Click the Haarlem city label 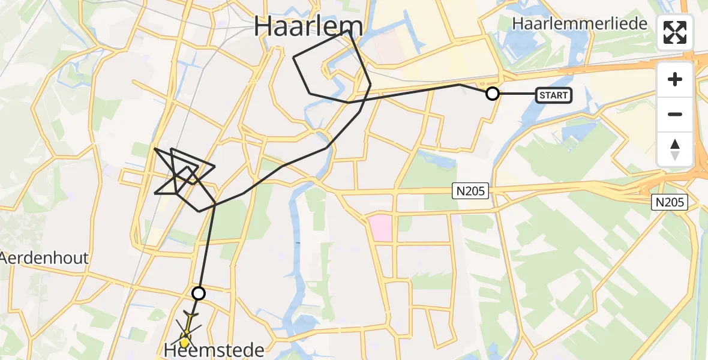pos(308,27)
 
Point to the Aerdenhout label pos(44,259)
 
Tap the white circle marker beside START pos(492,94)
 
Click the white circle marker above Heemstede pos(198,293)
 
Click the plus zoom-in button pos(675,79)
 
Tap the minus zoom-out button pos(675,114)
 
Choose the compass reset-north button pos(675,149)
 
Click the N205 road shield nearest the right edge pos(669,202)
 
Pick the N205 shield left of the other pos(471,191)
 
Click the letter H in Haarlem pos(265,27)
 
